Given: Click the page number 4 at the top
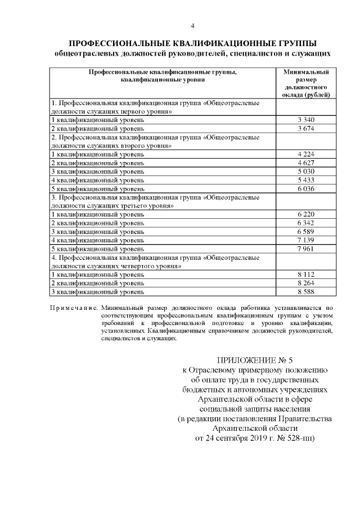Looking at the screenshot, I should (x=192, y=26).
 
